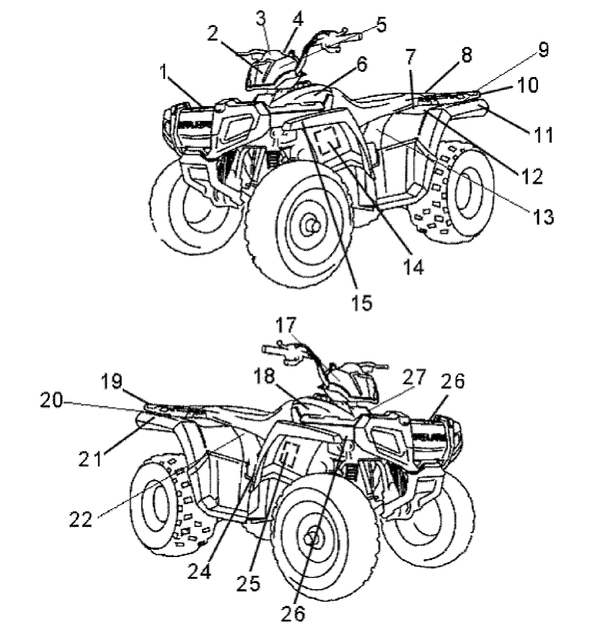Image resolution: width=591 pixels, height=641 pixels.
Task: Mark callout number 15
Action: [x=362, y=303]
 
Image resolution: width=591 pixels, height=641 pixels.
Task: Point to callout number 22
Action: [x=81, y=520]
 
